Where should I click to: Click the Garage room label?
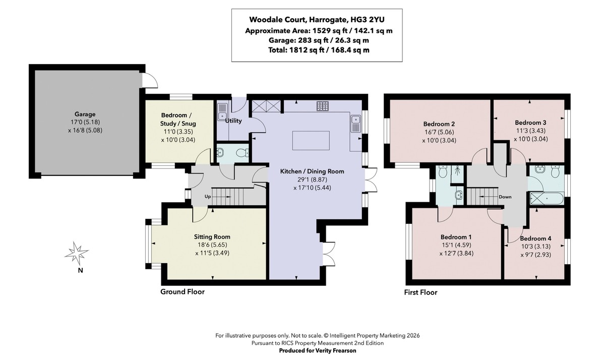pos(85,114)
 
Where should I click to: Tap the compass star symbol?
pos(76,253)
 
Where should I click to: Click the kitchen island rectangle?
pos(311,141)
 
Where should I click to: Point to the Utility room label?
pos(233,121)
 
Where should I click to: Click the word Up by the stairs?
pos(207,197)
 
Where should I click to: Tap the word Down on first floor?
pos(505,197)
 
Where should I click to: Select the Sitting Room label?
pos(212,237)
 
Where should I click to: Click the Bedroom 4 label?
pos(535,238)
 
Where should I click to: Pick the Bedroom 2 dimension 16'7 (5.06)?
pos(439,132)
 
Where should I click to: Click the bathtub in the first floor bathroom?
pos(547,198)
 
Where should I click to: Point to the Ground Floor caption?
pos(183,291)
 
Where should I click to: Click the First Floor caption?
pos(420,292)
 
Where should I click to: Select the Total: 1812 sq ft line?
pos(319,50)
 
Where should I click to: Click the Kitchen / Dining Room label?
pos(312,171)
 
